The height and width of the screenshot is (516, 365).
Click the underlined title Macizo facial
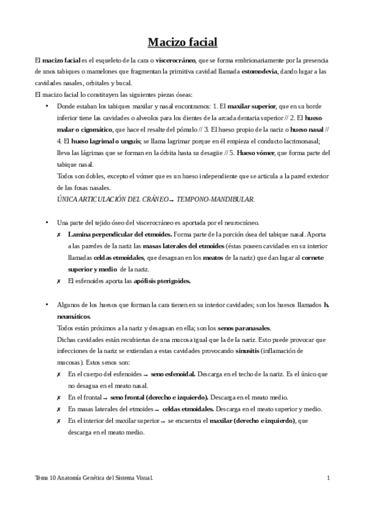click(182, 43)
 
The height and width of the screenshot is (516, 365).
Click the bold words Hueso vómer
click(255, 152)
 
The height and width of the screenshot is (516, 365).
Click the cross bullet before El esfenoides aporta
click(58, 281)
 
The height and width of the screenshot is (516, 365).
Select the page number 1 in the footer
click(328, 478)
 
